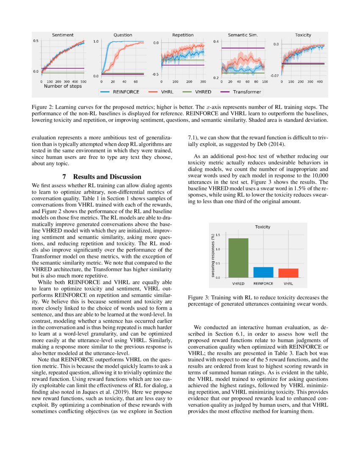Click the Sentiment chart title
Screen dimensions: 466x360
tap(62, 35)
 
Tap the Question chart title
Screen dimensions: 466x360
tap(122, 35)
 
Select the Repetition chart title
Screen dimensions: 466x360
tap(183, 35)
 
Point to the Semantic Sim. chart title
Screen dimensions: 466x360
tap(243, 35)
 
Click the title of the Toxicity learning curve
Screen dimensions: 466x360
tap(303, 35)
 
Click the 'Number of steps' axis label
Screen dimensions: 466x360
tap(63, 86)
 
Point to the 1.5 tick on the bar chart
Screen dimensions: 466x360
tap(218, 235)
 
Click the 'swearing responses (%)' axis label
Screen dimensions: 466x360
tap(213, 256)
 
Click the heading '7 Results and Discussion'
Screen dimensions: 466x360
tap(102, 177)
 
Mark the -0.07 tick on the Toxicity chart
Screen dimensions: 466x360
tap(274, 75)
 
